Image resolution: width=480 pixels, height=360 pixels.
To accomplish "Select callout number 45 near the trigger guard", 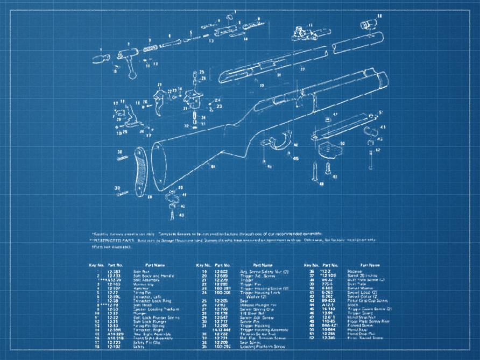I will point(295,159).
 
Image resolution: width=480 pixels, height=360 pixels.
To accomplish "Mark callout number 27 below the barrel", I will point(302,69).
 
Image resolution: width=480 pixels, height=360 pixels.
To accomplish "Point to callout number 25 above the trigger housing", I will point(201,72).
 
